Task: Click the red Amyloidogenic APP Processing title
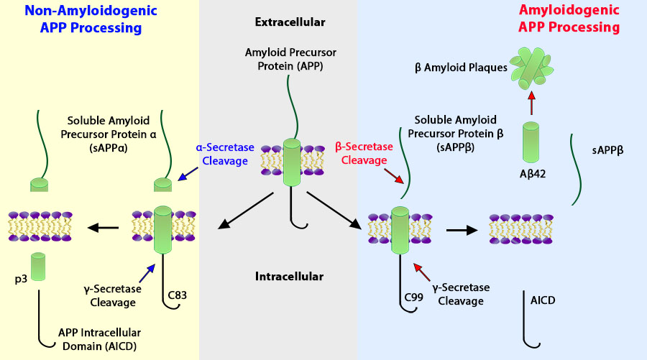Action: (568, 19)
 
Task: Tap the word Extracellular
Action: (290, 22)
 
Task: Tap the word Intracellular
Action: (289, 276)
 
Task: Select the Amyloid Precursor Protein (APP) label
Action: (290, 58)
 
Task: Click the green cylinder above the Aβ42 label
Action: (531, 141)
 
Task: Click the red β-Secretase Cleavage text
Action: (364, 153)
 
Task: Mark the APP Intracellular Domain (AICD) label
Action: (98, 339)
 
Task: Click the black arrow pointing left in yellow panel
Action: (103, 229)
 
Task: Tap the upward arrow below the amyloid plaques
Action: (531, 103)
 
